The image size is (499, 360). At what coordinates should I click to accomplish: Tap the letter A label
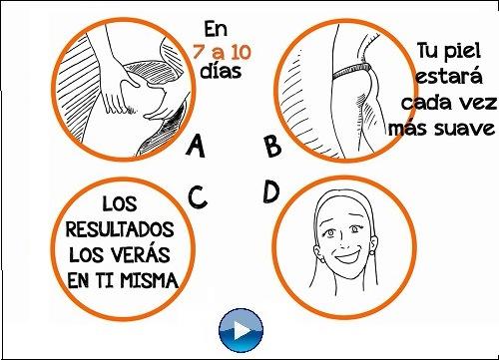pos(196,148)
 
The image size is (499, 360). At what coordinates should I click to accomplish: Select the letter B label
pos(270,147)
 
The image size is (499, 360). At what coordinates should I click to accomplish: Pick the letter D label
pos(269,190)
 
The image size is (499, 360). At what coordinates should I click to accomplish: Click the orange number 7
pos(203,51)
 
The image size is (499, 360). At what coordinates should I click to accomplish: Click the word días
pos(220,72)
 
